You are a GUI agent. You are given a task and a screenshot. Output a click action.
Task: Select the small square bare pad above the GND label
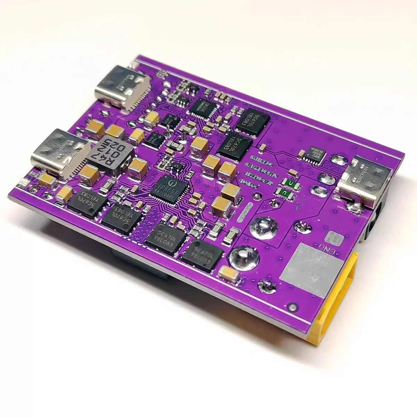[335, 238]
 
